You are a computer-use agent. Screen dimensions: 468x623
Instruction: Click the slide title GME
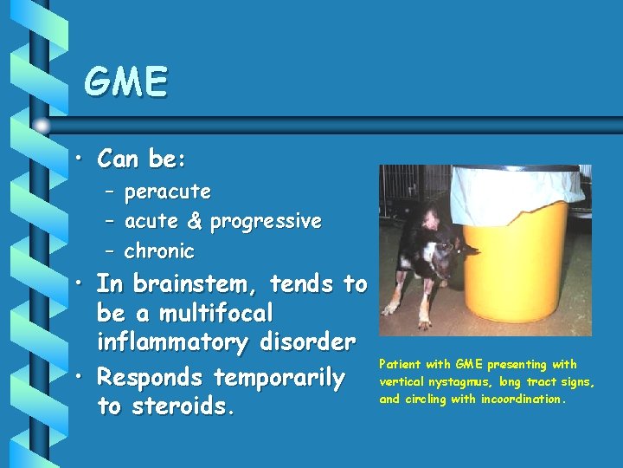pos(125,82)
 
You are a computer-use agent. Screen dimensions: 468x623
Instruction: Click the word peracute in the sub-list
pos(168,191)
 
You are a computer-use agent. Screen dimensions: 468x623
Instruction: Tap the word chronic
pos(159,252)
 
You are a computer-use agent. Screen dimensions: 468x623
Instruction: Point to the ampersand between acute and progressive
pos(194,222)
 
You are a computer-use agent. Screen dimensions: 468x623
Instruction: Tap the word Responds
pos(152,379)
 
